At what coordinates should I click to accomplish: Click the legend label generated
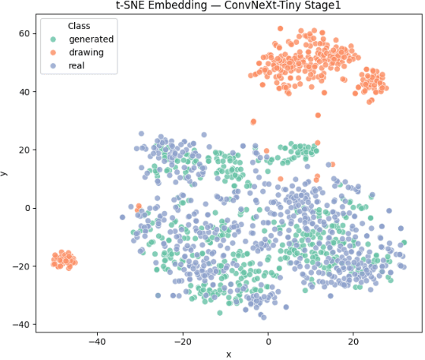point(91,39)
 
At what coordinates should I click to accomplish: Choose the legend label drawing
point(87,52)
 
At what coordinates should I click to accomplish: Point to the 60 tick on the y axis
point(24,34)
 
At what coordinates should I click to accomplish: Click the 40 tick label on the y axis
point(24,92)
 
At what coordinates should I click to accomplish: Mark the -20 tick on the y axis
point(21,266)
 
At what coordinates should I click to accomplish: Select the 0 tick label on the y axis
point(27,208)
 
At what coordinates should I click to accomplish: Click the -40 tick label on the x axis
point(97,342)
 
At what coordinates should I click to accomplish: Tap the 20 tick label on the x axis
point(353,342)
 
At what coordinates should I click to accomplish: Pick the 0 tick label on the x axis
point(268,342)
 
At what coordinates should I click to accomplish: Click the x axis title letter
point(228,354)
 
